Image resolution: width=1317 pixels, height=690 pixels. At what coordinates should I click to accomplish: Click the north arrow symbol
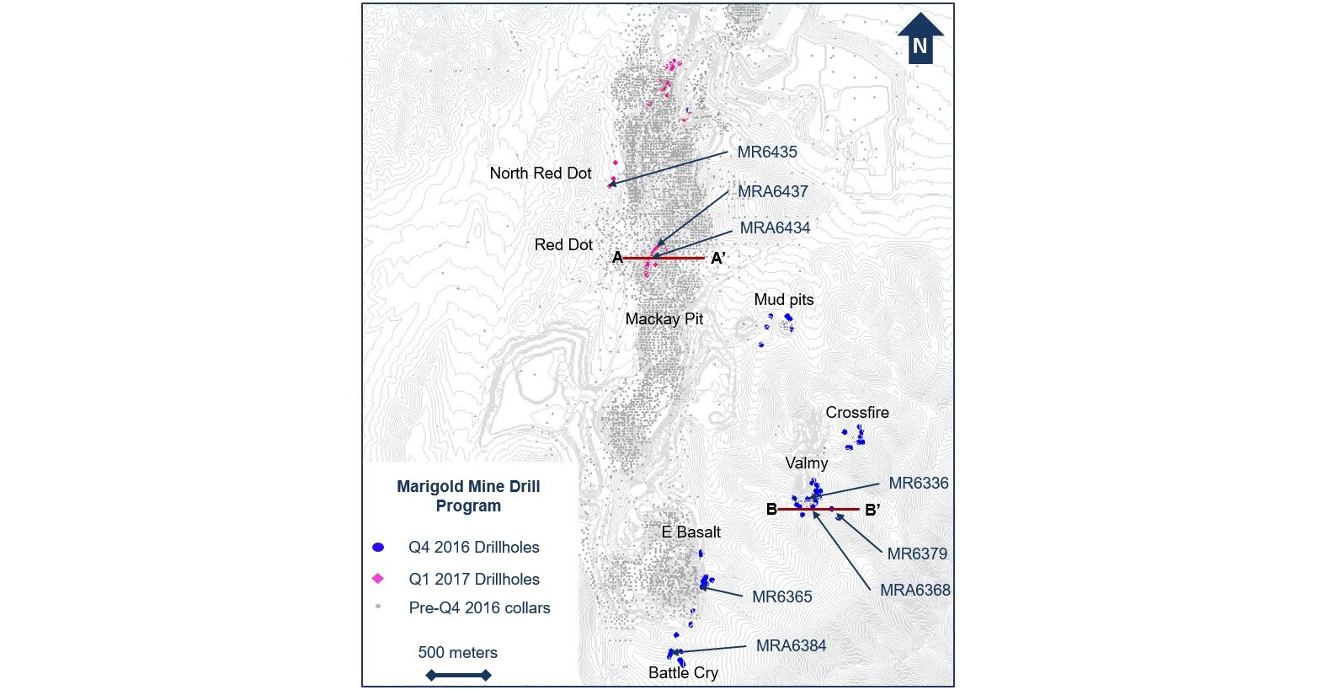(x=920, y=39)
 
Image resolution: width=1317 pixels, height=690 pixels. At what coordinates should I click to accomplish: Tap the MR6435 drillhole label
(x=766, y=152)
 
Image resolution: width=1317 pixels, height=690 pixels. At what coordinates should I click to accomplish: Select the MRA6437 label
(x=772, y=192)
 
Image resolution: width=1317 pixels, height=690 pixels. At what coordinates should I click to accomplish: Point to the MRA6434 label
(x=775, y=228)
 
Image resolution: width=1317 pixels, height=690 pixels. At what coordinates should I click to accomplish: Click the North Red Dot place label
(x=541, y=174)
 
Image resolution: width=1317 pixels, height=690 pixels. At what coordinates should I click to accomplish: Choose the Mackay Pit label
(x=664, y=319)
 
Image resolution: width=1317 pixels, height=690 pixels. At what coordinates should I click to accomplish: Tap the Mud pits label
(x=783, y=300)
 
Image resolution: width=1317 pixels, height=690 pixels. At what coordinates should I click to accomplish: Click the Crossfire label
(x=856, y=413)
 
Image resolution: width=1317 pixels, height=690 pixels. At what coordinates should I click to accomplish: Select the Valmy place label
(x=806, y=463)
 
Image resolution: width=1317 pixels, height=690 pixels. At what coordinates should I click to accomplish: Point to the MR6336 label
(x=918, y=484)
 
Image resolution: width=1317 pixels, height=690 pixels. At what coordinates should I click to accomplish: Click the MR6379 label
(x=917, y=554)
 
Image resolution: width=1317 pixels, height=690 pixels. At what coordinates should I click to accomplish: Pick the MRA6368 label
(x=914, y=591)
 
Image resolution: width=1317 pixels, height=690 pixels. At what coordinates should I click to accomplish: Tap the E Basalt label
(x=690, y=532)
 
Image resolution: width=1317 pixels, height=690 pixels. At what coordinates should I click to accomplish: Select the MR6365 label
(x=781, y=597)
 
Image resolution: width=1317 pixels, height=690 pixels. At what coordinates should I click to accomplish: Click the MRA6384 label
(x=791, y=646)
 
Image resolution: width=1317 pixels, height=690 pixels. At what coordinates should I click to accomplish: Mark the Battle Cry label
(x=683, y=673)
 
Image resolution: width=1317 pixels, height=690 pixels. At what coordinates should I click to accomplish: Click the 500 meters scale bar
(x=458, y=675)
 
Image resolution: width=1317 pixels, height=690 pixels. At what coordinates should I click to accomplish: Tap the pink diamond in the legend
(x=378, y=579)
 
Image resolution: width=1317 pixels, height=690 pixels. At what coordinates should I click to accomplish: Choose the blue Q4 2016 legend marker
(x=378, y=548)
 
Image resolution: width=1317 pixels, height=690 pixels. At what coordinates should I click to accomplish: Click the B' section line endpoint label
(x=872, y=509)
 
